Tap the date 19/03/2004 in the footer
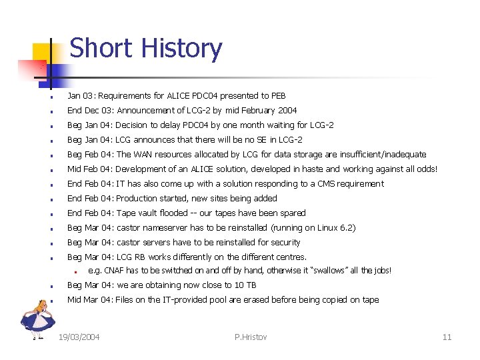[79, 337]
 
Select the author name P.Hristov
[251, 337]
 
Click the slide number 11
[447, 337]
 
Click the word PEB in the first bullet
[278, 96]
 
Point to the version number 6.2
[346, 228]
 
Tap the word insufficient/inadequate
[383, 155]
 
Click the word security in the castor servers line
[284, 243]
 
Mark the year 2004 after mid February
[287, 111]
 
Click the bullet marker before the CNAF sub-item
[77, 271]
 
